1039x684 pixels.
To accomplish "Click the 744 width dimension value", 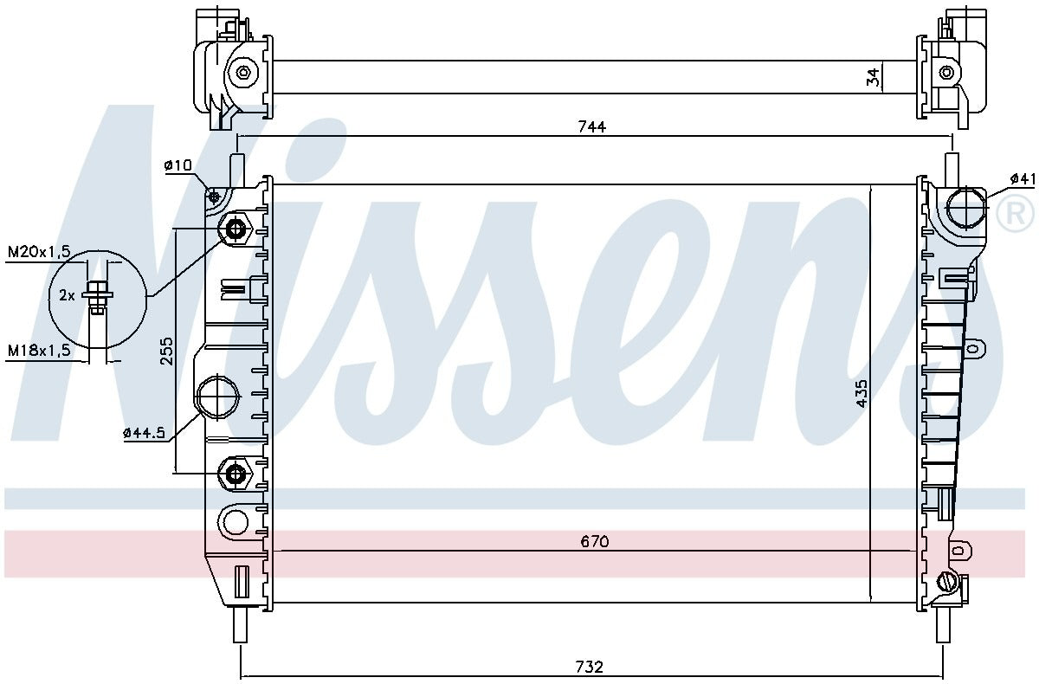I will click(x=592, y=126).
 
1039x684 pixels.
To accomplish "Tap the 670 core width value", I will click(x=595, y=542).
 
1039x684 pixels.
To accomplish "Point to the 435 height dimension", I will click(x=861, y=394).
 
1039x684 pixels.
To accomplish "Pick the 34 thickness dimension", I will click(x=874, y=77).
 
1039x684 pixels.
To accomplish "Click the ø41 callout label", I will click(x=1022, y=179).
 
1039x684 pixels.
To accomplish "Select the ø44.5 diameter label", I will click(x=144, y=432).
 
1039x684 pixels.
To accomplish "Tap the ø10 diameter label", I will click(x=177, y=165).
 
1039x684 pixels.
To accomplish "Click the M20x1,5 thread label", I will click(x=37, y=252).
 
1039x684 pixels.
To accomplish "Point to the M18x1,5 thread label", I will click(x=37, y=349).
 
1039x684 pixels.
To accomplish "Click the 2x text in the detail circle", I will click(x=67, y=295).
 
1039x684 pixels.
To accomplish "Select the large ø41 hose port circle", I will click(x=965, y=209).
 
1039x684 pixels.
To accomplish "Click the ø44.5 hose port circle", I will click(x=216, y=397).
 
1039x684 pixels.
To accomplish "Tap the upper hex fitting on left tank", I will click(x=236, y=229).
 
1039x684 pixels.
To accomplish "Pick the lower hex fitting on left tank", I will click(x=236, y=473).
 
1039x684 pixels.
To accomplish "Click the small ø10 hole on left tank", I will click(x=213, y=197).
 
